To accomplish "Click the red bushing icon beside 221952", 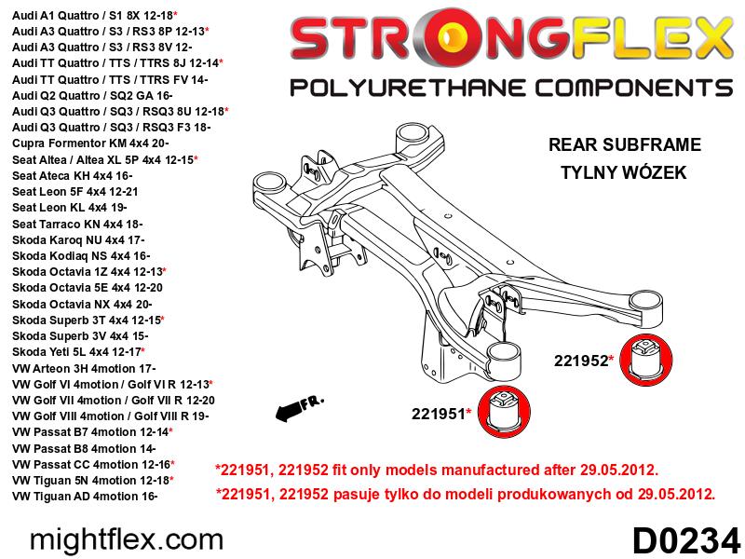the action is click(646, 360).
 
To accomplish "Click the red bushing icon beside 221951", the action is click(504, 412).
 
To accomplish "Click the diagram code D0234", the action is click(686, 541).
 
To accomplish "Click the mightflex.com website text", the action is click(127, 540).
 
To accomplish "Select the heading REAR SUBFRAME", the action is click(624, 144).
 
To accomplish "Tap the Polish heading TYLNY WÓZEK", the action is click(623, 171).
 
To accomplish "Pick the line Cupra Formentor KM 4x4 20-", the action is click(90, 143).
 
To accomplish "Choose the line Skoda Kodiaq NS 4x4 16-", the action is click(81, 255).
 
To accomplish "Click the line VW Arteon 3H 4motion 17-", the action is click(84, 368).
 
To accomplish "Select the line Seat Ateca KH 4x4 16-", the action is click(73, 175).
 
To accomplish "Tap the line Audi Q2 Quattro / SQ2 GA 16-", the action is click(92, 95).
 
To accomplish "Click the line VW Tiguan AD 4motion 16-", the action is click(85, 497).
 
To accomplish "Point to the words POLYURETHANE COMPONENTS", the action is click(511, 89).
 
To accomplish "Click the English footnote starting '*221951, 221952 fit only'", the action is click(437, 470).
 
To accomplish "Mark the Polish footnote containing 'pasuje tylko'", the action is click(465, 495).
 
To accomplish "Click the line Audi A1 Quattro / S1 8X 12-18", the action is click(95, 15).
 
